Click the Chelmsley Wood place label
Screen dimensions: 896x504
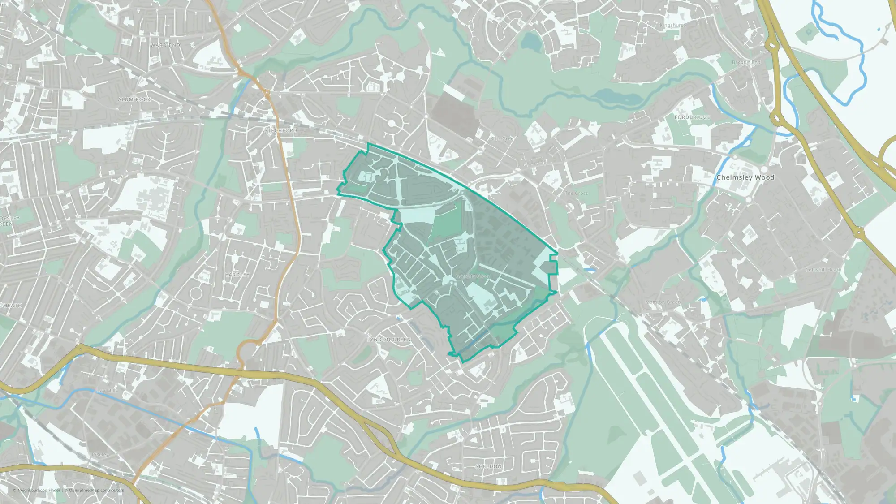(745, 177)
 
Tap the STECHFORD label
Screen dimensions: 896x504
(281, 131)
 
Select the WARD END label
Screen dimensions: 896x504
(165, 45)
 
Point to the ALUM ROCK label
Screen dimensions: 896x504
(134, 99)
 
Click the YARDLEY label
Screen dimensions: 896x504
(237, 275)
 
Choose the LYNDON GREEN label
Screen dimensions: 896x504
(389, 340)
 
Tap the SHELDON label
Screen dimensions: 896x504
(489, 467)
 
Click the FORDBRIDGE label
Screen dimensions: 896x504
(692, 117)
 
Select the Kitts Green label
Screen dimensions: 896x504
(503, 139)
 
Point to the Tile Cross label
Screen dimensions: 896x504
(577, 193)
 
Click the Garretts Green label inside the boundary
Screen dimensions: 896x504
(473, 276)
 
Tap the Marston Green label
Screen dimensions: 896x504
(663, 302)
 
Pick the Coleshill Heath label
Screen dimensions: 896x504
(823, 270)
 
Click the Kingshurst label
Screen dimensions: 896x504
(673, 26)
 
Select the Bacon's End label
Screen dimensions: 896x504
(746, 62)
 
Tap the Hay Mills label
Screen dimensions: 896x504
(108, 391)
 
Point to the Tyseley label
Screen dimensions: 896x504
(99, 455)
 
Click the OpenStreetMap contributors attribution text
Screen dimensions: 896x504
(96, 490)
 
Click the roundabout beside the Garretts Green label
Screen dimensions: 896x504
(449, 280)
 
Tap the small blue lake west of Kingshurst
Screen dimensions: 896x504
(532, 41)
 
